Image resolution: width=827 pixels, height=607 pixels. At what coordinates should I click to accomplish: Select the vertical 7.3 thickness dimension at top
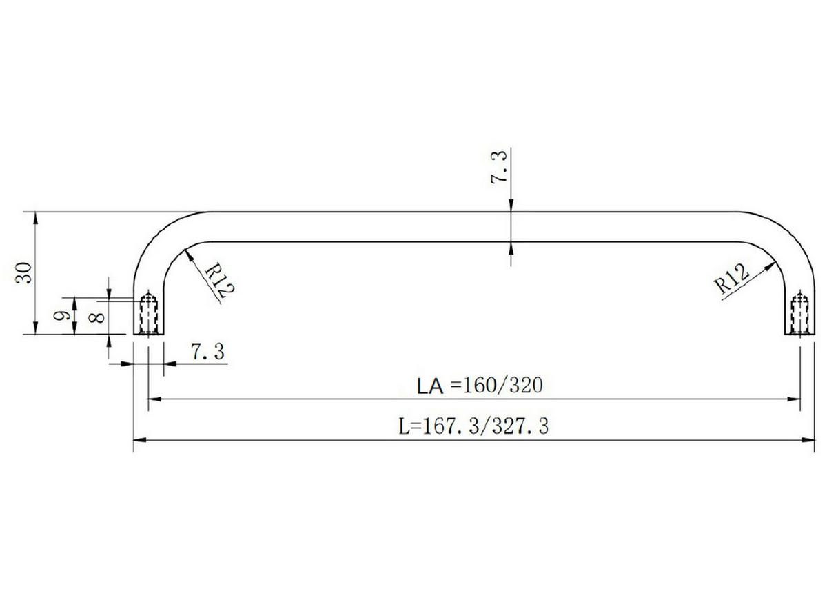pyautogui.click(x=500, y=166)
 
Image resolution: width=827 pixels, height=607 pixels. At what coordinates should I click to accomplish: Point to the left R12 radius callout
pyautogui.click(x=215, y=279)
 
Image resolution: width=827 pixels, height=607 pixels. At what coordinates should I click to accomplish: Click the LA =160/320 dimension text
pyautogui.click(x=480, y=385)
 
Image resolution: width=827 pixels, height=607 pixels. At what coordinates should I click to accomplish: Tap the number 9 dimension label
pyautogui.click(x=62, y=316)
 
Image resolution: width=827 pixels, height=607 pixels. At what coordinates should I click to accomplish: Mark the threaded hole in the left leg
pyautogui.click(x=148, y=314)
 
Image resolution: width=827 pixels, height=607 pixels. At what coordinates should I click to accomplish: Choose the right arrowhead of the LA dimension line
pyautogui.click(x=795, y=399)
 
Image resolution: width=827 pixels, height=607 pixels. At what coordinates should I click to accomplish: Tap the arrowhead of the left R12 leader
pyautogui.click(x=188, y=254)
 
